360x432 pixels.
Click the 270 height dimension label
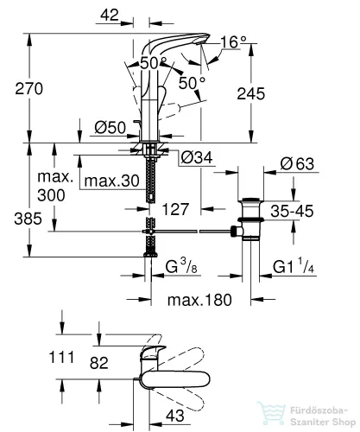[x=29, y=88]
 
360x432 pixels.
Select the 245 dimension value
[x=251, y=94]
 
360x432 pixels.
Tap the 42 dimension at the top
[x=110, y=15]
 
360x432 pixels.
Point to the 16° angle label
[x=234, y=42]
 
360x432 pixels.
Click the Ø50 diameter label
[x=111, y=128]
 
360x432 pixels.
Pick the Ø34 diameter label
[x=197, y=157]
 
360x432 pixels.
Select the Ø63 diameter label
[x=297, y=164]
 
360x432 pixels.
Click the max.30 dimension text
[x=112, y=181]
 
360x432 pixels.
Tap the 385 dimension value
[x=28, y=219]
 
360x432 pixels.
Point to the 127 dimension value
[x=175, y=209]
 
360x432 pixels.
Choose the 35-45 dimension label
[x=292, y=211]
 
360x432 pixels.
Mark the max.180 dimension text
[x=199, y=300]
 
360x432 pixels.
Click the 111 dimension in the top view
[x=62, y=358]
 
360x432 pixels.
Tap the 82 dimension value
[x=99, y=363]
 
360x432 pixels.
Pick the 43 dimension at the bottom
[x=175, y=416]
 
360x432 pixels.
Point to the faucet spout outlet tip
[x=199, y=42]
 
